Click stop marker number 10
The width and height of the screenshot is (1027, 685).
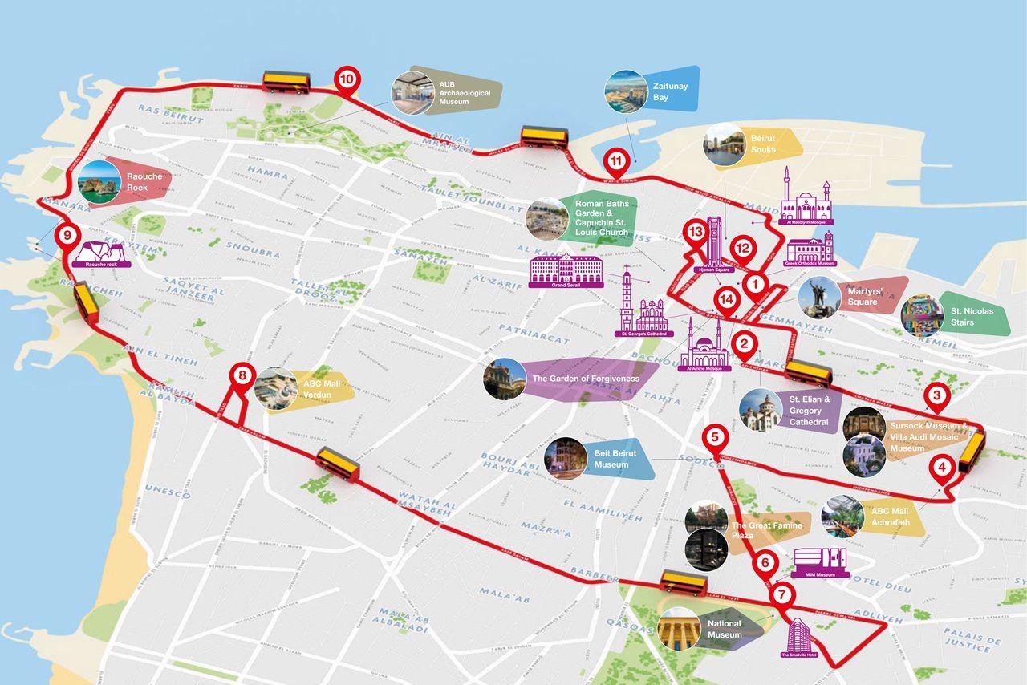coord(347,79)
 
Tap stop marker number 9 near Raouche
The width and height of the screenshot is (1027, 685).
coord(67,236)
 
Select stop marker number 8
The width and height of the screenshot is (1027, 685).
coord(242,375)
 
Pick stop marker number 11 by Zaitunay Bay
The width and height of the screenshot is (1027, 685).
coord(616,160)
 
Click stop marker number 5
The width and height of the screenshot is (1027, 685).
coord(714,438)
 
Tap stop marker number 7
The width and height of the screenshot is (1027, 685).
coord(782,595)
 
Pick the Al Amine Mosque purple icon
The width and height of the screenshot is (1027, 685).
coord(704,347)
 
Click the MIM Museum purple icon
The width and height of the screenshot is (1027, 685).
coord(819,561)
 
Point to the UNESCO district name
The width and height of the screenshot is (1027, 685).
coord(168,492)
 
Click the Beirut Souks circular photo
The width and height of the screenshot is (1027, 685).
coord(724,144)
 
